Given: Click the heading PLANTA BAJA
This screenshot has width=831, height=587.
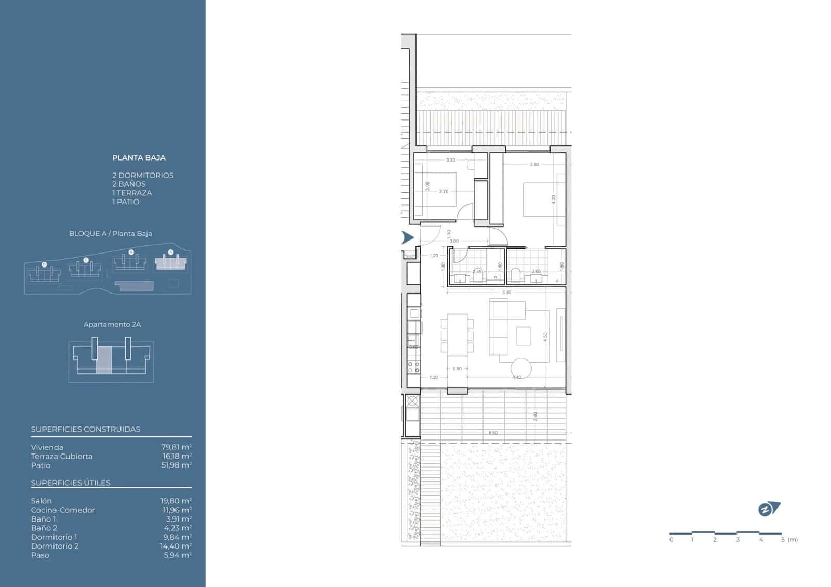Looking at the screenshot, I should tap(139, 157).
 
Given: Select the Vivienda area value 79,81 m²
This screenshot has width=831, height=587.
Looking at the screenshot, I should tap(176, 447).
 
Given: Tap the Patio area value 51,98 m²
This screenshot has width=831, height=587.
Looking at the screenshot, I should tap(176, 465).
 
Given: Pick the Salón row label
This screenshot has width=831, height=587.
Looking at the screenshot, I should tap(41, 501).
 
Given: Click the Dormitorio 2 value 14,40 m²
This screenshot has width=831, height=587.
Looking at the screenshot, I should tap(176, 546).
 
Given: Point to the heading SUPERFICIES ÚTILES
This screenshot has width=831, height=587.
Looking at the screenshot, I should tap(71, 483).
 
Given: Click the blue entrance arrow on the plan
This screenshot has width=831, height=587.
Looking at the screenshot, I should tap(408, 238).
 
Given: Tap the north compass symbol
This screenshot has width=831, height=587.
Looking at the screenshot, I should tap(768, 509).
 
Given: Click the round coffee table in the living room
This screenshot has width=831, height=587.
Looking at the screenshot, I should tap(521, 368).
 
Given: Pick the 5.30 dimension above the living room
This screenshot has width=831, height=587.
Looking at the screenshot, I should tap(506, 292).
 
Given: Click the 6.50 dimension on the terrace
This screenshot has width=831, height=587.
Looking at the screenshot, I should tap(493, 433).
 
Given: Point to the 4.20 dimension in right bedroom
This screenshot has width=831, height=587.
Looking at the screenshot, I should tap(554, 198).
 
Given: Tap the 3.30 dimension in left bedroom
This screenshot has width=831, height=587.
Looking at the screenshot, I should tap(450, 160).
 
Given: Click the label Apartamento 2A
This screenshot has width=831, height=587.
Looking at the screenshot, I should tap(112, 324).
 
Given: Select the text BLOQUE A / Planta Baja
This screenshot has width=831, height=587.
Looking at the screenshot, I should tap(111, 233).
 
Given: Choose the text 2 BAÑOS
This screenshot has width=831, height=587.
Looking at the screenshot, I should tap(129, 184).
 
